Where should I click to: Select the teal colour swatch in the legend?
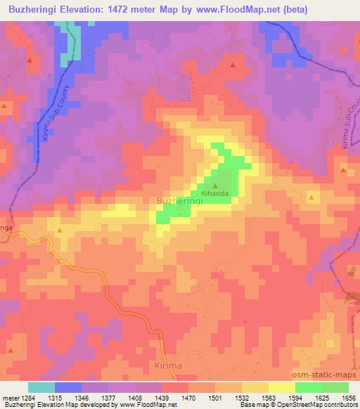click(41, 387)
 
